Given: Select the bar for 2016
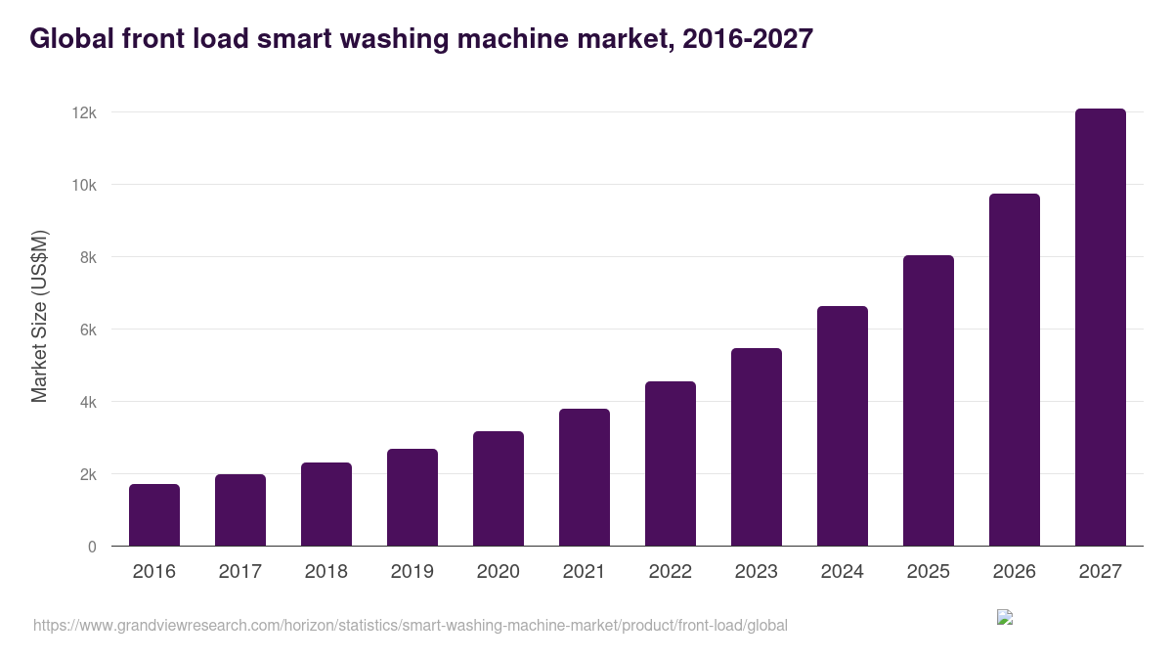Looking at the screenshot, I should tap(154, 515).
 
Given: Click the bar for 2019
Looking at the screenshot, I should tap(413, 498).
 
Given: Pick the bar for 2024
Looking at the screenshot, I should tap(843, 426).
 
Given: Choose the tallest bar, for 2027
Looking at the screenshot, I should tap(1101, 328).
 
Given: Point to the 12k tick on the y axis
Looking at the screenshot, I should tap(84, 113).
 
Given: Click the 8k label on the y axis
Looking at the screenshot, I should tap(87, 257).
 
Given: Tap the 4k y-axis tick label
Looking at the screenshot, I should tap(87, 402).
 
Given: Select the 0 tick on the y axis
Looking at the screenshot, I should tap(92, 547).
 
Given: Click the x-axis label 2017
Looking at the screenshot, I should tap(240, 572).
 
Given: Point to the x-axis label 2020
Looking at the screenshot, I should tap(499, 572).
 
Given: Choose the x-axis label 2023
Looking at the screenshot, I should tap(757, 572).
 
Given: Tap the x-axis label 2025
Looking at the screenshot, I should tap(929, 572).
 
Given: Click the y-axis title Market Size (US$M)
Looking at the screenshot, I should tap(39, 316).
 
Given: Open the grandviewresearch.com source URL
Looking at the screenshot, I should tap(410, 625).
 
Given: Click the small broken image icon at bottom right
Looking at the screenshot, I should tap(1004, 617).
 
